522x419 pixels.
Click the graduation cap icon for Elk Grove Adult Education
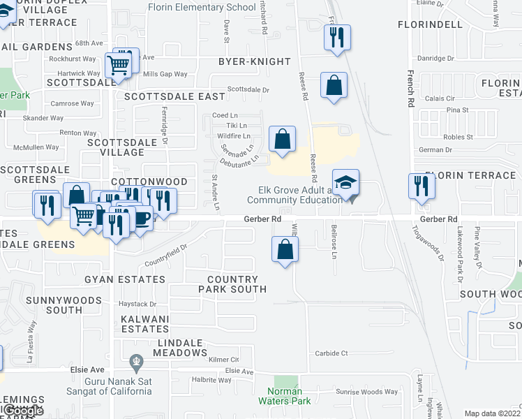(345, 183)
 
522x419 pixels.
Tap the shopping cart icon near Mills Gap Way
(119, 65)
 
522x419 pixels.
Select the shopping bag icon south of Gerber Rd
(285, 249)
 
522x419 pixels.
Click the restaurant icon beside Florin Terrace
(422, 186)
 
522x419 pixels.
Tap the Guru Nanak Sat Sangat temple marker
(137, 362)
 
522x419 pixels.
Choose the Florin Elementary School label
(202, 8)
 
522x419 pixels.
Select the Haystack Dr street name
(137, 304)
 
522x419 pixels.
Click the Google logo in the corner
(23, 411)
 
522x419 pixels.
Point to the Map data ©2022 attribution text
(492, 413)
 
